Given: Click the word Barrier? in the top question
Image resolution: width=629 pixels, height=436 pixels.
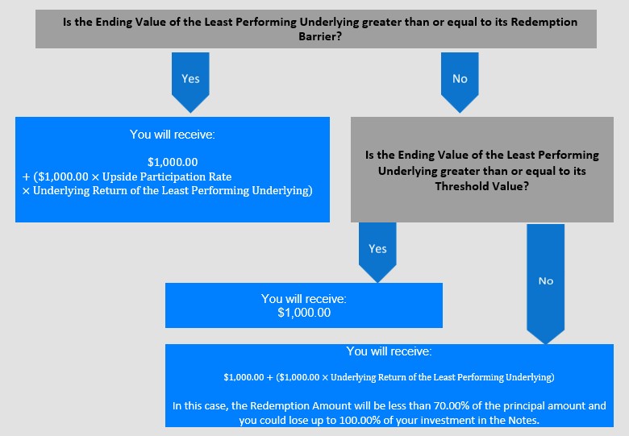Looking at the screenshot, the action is [x=320, y=36].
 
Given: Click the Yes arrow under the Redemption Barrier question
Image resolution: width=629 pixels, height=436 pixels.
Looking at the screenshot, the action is [x=190, y=82].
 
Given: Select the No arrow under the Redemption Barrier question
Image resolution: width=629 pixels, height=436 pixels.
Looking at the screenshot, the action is [x=460, y=82].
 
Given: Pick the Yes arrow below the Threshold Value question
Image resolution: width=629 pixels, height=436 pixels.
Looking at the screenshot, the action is [x=377, y=252].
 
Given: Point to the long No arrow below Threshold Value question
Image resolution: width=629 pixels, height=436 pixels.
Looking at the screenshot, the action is [x=546, y=284].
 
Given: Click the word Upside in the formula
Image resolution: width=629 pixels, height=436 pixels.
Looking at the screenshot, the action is [x=116, y=176].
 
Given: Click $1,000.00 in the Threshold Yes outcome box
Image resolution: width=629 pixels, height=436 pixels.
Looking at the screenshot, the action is [x=304, y=313].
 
